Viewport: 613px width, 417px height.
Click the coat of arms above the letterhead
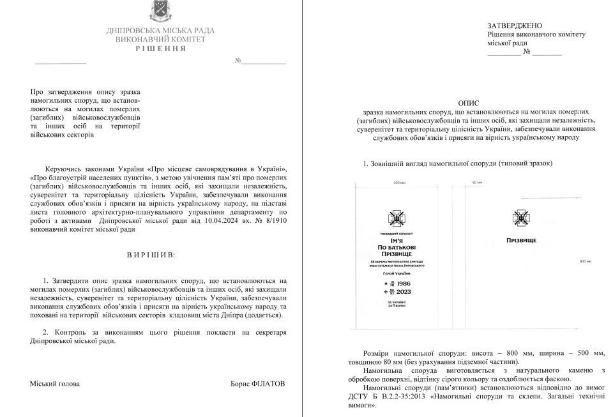point(160,11)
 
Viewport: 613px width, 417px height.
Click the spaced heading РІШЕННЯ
point(160,49)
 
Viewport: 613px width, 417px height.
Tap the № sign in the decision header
point(238,61)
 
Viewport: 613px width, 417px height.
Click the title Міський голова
point(55,384)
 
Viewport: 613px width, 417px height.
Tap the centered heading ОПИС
point(469,102)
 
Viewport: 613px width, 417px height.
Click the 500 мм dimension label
point(400,183)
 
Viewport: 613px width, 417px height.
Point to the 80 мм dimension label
point(476,183)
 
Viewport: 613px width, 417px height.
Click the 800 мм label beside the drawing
point(586,261)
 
